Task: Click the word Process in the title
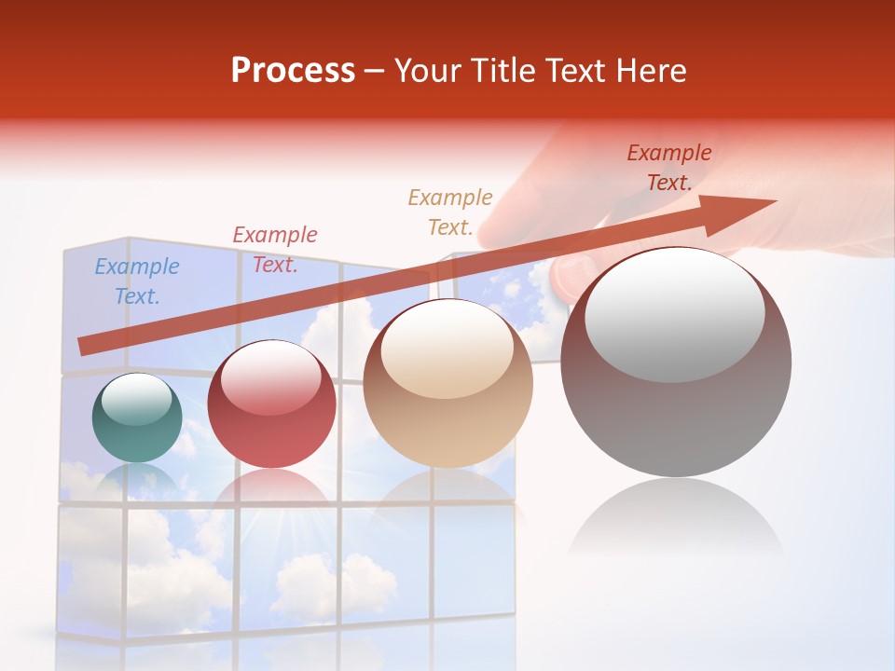pos(293,71)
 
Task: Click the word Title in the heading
pos(503,71)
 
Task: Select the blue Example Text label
pos(137,281)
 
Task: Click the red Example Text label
pos(275,250)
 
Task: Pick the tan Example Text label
pos(450,212)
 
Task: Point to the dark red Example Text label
pos(669,168)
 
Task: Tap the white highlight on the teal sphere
pos(136,400)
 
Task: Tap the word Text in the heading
pos(576,71)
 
